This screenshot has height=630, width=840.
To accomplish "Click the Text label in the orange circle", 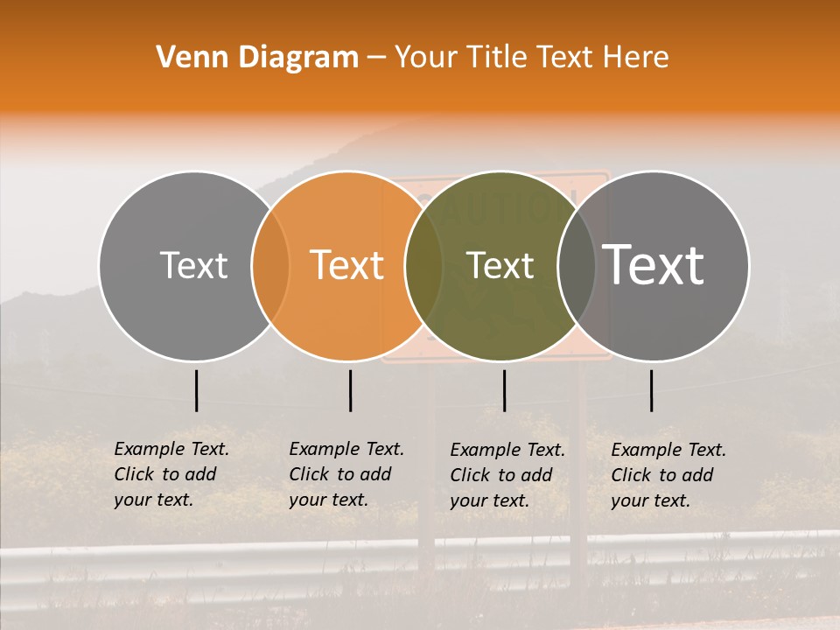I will pyautogui.click(x=347, y=264).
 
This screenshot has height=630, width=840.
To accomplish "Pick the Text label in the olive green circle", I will pyautogui.click(x=500, y=265).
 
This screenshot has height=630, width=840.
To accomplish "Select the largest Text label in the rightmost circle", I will pyautogui.click(x=654, y=263).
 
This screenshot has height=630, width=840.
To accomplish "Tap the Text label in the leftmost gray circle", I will pyautogui.click(x=193, y=265).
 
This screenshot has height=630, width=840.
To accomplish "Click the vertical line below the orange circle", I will pyautogui.click(x=350, y=390).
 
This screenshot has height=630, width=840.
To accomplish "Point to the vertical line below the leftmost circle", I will pyautogui.click(x=196, y=390).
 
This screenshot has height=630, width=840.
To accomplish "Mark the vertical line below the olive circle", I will pyautogui.click(x=504, y=390).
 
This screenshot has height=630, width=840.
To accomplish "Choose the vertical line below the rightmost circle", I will pyautogui.click(x=652, y=390).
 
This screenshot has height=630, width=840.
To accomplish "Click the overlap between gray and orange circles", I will pyautogui.click(x=270, y=266).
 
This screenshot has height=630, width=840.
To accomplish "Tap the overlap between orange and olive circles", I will pyautogui.click(x=423, y=266).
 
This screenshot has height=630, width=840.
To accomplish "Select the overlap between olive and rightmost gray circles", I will pyautogui.click(x=577, y=266).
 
